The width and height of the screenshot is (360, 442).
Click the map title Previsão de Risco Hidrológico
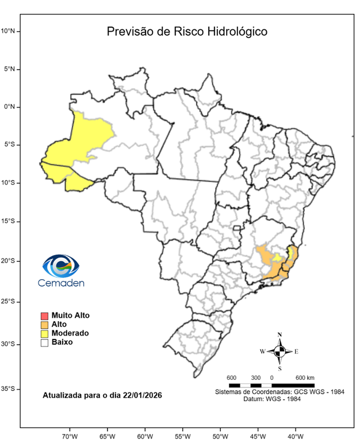187,31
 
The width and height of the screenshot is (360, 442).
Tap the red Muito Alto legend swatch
44,315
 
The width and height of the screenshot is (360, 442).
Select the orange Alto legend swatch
44,325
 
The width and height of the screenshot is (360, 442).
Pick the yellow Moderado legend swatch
44,333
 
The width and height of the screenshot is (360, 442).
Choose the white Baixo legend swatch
44,342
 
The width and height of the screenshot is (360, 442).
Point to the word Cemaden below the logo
61,283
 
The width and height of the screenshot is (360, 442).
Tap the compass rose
279,350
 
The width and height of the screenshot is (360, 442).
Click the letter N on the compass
279,334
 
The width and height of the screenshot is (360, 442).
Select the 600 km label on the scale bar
305,378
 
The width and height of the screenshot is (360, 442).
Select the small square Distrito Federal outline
236,229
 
